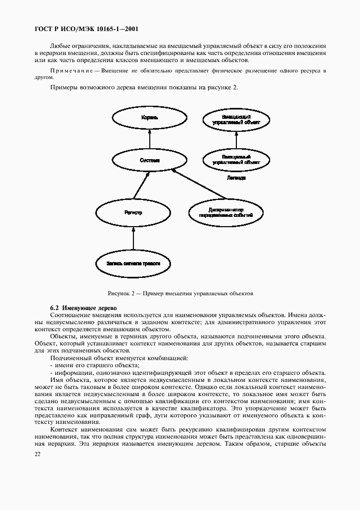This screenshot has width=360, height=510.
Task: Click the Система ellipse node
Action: (x=149, y=160)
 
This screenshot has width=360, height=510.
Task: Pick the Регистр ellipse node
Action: (x=133, y=212)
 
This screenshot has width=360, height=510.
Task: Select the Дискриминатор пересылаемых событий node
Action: (x=225, y=212)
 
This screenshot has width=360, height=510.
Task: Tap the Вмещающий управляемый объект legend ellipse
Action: (x=235, y=120)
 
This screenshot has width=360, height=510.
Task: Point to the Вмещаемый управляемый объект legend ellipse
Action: (x=235, y=159)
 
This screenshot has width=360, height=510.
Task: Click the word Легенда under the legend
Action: (x=236, y=178)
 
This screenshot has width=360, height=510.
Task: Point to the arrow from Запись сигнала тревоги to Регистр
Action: (x=134, y=238)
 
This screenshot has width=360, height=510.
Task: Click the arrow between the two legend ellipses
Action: (x=235, y=139)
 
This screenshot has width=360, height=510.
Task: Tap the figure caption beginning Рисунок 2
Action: (x=180, y=293)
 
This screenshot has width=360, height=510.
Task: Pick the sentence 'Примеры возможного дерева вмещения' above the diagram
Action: (x=144, y=87)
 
